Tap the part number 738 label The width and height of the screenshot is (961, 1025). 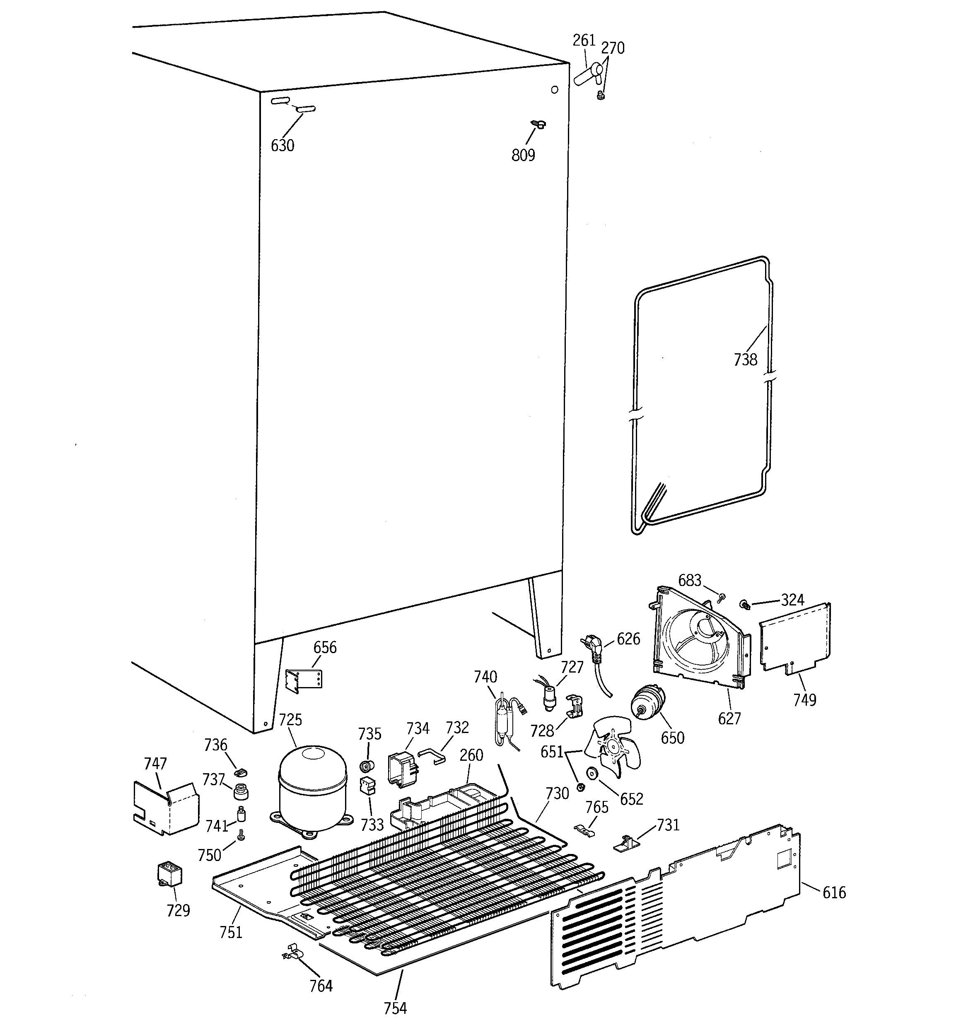point(745,359)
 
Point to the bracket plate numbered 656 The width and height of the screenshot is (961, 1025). point(304,680)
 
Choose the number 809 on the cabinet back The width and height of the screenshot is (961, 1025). point(523,154)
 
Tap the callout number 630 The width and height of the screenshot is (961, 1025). point(283,145)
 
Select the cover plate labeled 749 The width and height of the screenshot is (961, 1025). point(794,639)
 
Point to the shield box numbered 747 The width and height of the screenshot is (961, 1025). point(166,807)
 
